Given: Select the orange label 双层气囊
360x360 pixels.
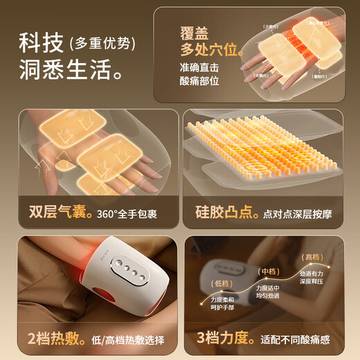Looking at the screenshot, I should pos(57,213).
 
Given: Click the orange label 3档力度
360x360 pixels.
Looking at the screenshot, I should pos(222,340).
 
